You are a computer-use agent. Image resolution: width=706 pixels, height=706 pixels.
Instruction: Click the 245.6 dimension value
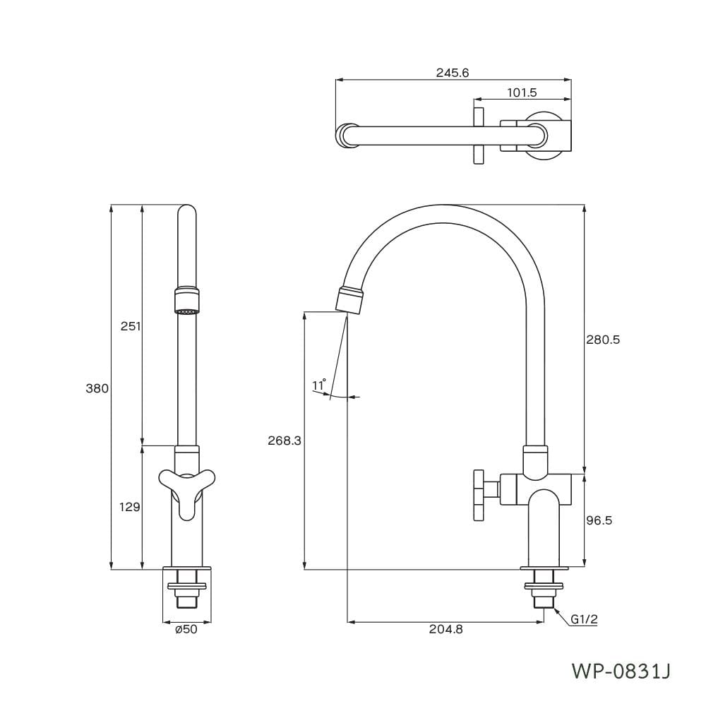click(452, 73)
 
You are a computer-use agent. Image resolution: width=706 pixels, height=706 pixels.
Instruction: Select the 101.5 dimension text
click(522, 92)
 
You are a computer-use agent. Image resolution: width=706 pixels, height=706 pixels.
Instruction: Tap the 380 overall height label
click(97, 388)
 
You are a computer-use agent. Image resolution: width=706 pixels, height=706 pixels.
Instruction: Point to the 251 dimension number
click(131, 326)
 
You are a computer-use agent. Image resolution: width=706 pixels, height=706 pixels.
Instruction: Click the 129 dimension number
click(130, 507)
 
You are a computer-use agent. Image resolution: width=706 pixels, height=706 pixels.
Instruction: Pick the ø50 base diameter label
click(186, 629)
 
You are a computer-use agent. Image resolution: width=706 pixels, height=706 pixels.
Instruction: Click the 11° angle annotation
click(319, 385)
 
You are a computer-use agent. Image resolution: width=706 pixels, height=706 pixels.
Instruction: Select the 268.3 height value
click(285, 441)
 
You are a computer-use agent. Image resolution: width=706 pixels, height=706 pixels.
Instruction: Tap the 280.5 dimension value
click(603, 340)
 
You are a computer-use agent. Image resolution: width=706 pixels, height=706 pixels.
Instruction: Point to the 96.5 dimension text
click(599, 520)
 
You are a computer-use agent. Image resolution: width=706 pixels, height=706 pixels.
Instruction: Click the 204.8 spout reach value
click(445, 629)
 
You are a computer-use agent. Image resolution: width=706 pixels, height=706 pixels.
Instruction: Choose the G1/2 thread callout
click(585, 620)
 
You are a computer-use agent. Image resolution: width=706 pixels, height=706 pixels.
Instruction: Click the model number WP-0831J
click(621, 671)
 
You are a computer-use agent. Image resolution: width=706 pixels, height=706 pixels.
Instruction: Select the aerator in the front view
click(186, 300)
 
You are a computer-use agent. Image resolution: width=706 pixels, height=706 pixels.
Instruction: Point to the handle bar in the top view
click(478, 136)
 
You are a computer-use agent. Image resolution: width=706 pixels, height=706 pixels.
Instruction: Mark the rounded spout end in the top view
click(345, 135)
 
